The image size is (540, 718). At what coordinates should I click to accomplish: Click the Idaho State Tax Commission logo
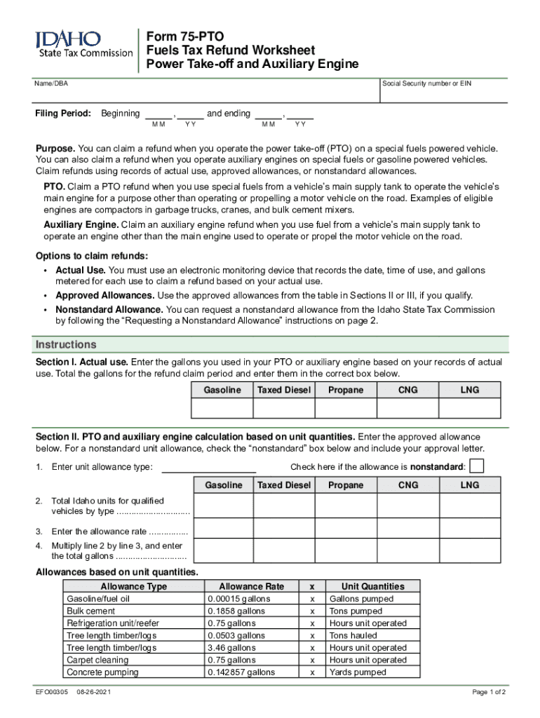point(83,44)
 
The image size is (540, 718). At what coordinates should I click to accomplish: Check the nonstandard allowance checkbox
point(476,466)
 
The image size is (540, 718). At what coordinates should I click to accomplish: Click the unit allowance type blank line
point(208,467)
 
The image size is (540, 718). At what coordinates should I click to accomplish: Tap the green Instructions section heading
point(66,345)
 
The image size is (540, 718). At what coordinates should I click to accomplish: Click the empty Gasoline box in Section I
point(222,408)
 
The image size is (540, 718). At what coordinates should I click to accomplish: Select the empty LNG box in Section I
point(470,408)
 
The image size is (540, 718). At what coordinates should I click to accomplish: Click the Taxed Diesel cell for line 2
point(283,506)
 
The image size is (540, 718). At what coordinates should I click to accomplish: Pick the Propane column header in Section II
point(346,485)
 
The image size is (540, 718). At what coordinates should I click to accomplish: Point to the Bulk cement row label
point(90,611)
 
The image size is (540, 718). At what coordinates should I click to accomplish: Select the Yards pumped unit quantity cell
point(358,672)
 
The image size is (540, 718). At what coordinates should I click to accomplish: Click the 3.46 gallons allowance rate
point(231,648)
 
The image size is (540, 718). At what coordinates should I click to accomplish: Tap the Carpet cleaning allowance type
point(97,660)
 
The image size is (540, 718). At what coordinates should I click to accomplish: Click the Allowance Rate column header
point(251,586)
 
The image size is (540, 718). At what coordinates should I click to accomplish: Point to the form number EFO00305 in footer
point(52,692)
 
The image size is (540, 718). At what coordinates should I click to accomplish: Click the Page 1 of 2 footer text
point(489,692)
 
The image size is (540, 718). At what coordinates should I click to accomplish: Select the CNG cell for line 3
point(407,531)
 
